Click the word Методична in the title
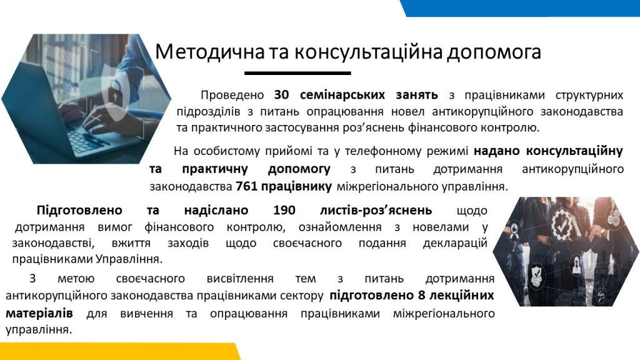(x=210, y=52)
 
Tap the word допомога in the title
(x=494, y=52)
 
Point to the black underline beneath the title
(x=297, y=73)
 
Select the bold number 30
(x=281, y=95)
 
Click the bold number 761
(x=246, y=186)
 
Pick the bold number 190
(x=284, y=210)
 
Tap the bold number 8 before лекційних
(x=422, y=295)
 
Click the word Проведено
(x=232, y=95)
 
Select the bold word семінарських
(x=342, y=95)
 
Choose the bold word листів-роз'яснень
(x=376, y=210)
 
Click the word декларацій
(x=455, y=244)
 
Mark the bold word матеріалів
(x=39, y=314)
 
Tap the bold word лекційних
(x=462, y=296)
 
